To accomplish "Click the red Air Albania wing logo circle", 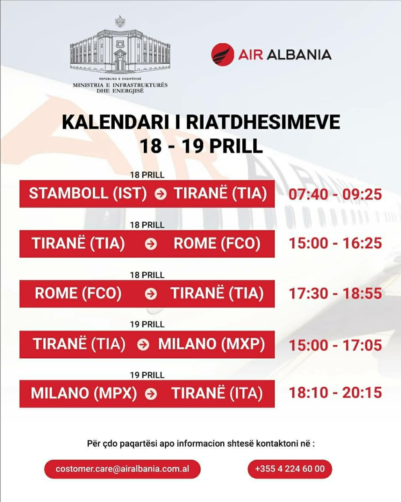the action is coord(222,55).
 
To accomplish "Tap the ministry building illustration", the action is coord(120,50).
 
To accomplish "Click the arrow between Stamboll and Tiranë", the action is coord(161,194).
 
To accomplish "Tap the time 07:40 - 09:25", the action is coord(335,194).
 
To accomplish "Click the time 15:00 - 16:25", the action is coord(335,243).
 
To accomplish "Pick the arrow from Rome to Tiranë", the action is coord(151,294).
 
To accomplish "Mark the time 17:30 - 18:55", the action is coord(335,293).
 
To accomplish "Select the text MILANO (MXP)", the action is coord(211,344).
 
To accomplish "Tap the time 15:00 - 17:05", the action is coord(335,345).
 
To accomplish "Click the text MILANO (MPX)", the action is coord(84,393).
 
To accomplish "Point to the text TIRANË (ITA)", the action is coord(217,393).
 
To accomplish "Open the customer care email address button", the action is coord(122,469).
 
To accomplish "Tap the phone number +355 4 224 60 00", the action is coord(290,469).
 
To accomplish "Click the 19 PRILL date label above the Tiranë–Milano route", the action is coord(147,324).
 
